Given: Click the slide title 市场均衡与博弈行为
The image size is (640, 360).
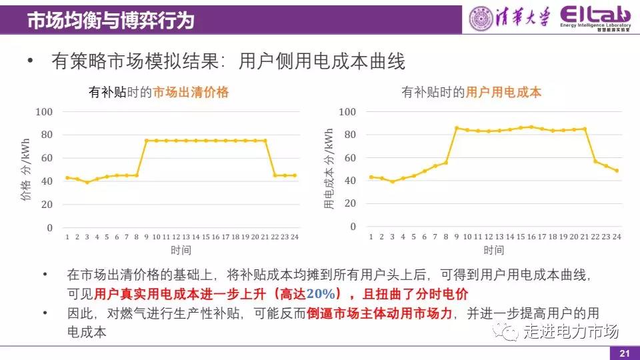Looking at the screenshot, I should coord(111,21).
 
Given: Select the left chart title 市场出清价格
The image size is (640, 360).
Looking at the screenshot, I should coord(191,93).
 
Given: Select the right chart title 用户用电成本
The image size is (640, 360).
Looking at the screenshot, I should coord(503,93).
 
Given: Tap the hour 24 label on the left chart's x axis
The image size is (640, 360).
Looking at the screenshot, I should coord(295,237).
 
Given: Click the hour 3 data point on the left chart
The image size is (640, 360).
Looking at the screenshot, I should coord(87,182).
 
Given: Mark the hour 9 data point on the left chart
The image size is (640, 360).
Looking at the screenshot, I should coord(146,141).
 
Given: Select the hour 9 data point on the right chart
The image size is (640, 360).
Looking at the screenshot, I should coord(457,128).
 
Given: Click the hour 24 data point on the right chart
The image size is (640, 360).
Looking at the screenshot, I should coord(617,171).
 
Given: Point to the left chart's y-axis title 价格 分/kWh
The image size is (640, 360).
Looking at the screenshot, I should coord(26,169).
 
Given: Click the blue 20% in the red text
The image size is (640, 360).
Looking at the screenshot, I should coord(323,293).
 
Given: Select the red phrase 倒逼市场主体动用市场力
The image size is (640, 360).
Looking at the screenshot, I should coord(380,313).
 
